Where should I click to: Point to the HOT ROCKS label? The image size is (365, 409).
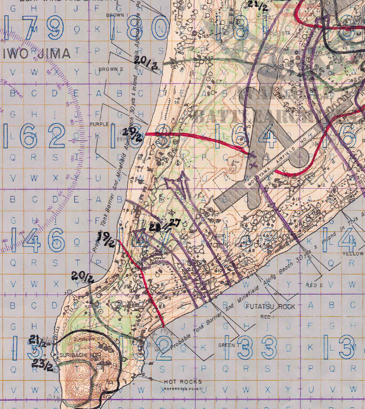[x=179, y=382]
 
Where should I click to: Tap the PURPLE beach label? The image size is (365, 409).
[x=100, y=125]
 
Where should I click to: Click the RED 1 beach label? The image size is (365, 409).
[x=248, y=317]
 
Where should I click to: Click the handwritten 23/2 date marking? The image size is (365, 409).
[x=42, y=365]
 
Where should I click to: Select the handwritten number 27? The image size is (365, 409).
[x=175, y=223]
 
